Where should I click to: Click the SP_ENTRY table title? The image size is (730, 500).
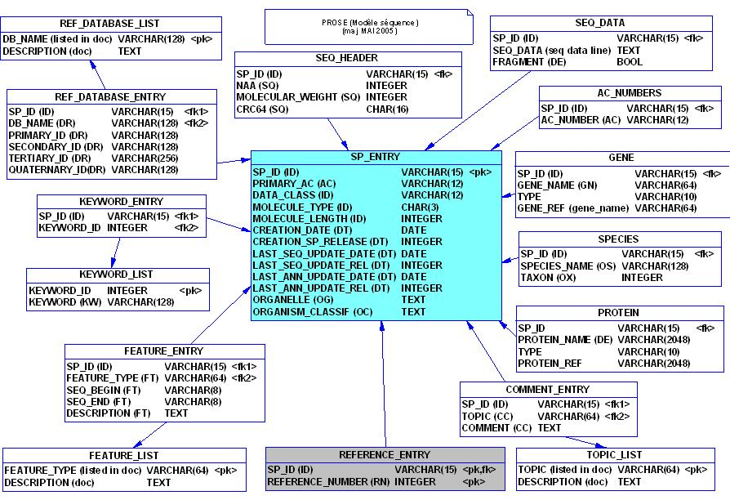376,157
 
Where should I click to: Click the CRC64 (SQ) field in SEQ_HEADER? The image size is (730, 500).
263,109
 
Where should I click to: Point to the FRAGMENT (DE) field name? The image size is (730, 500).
529,62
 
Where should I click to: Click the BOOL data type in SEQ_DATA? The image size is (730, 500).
630,62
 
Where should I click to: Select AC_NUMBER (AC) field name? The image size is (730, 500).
581,120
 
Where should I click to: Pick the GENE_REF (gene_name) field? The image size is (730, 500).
573,208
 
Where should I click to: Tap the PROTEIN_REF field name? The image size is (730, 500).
550,363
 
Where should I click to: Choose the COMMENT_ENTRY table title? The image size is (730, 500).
547,390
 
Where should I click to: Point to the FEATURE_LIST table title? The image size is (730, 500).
124,455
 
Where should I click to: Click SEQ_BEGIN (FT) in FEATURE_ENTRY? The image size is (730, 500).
99,390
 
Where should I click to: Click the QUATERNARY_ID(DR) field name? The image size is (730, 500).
57,170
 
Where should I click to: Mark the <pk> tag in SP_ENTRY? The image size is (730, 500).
481,172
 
